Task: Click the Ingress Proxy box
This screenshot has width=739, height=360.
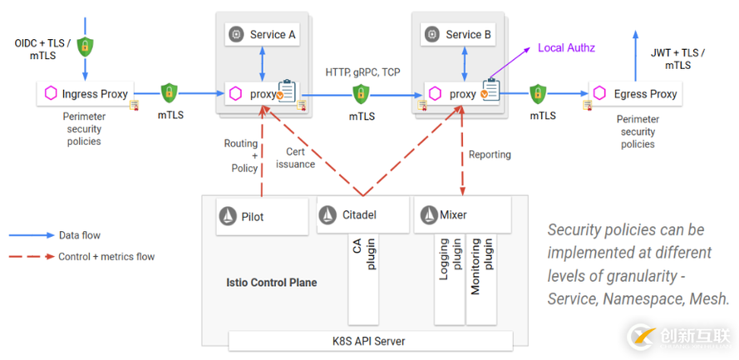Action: pos(86,94)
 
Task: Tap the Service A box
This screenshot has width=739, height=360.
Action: pos(263,35)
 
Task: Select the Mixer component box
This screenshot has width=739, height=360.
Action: pos(461,215)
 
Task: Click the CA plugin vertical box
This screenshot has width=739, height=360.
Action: pos(362,279)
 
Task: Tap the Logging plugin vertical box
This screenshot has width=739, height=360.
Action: pos(450,279)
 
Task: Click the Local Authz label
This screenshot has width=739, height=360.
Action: pos(566,48)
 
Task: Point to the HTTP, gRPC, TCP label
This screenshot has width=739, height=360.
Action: pos(362,72)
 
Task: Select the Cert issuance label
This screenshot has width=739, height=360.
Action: pos(295,158)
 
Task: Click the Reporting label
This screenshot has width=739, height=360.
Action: pos(490,155)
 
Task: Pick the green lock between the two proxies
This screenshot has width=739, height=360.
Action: pos(362,93)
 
